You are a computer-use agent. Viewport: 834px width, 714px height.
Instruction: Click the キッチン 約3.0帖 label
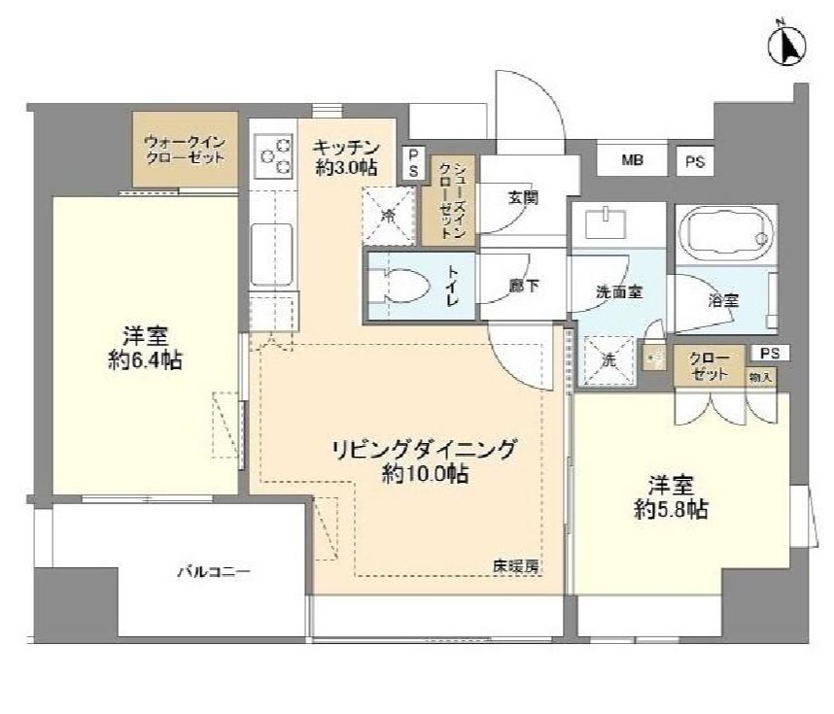[x=345, y=156]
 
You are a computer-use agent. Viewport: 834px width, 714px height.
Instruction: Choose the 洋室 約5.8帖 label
[x=671, y=497]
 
